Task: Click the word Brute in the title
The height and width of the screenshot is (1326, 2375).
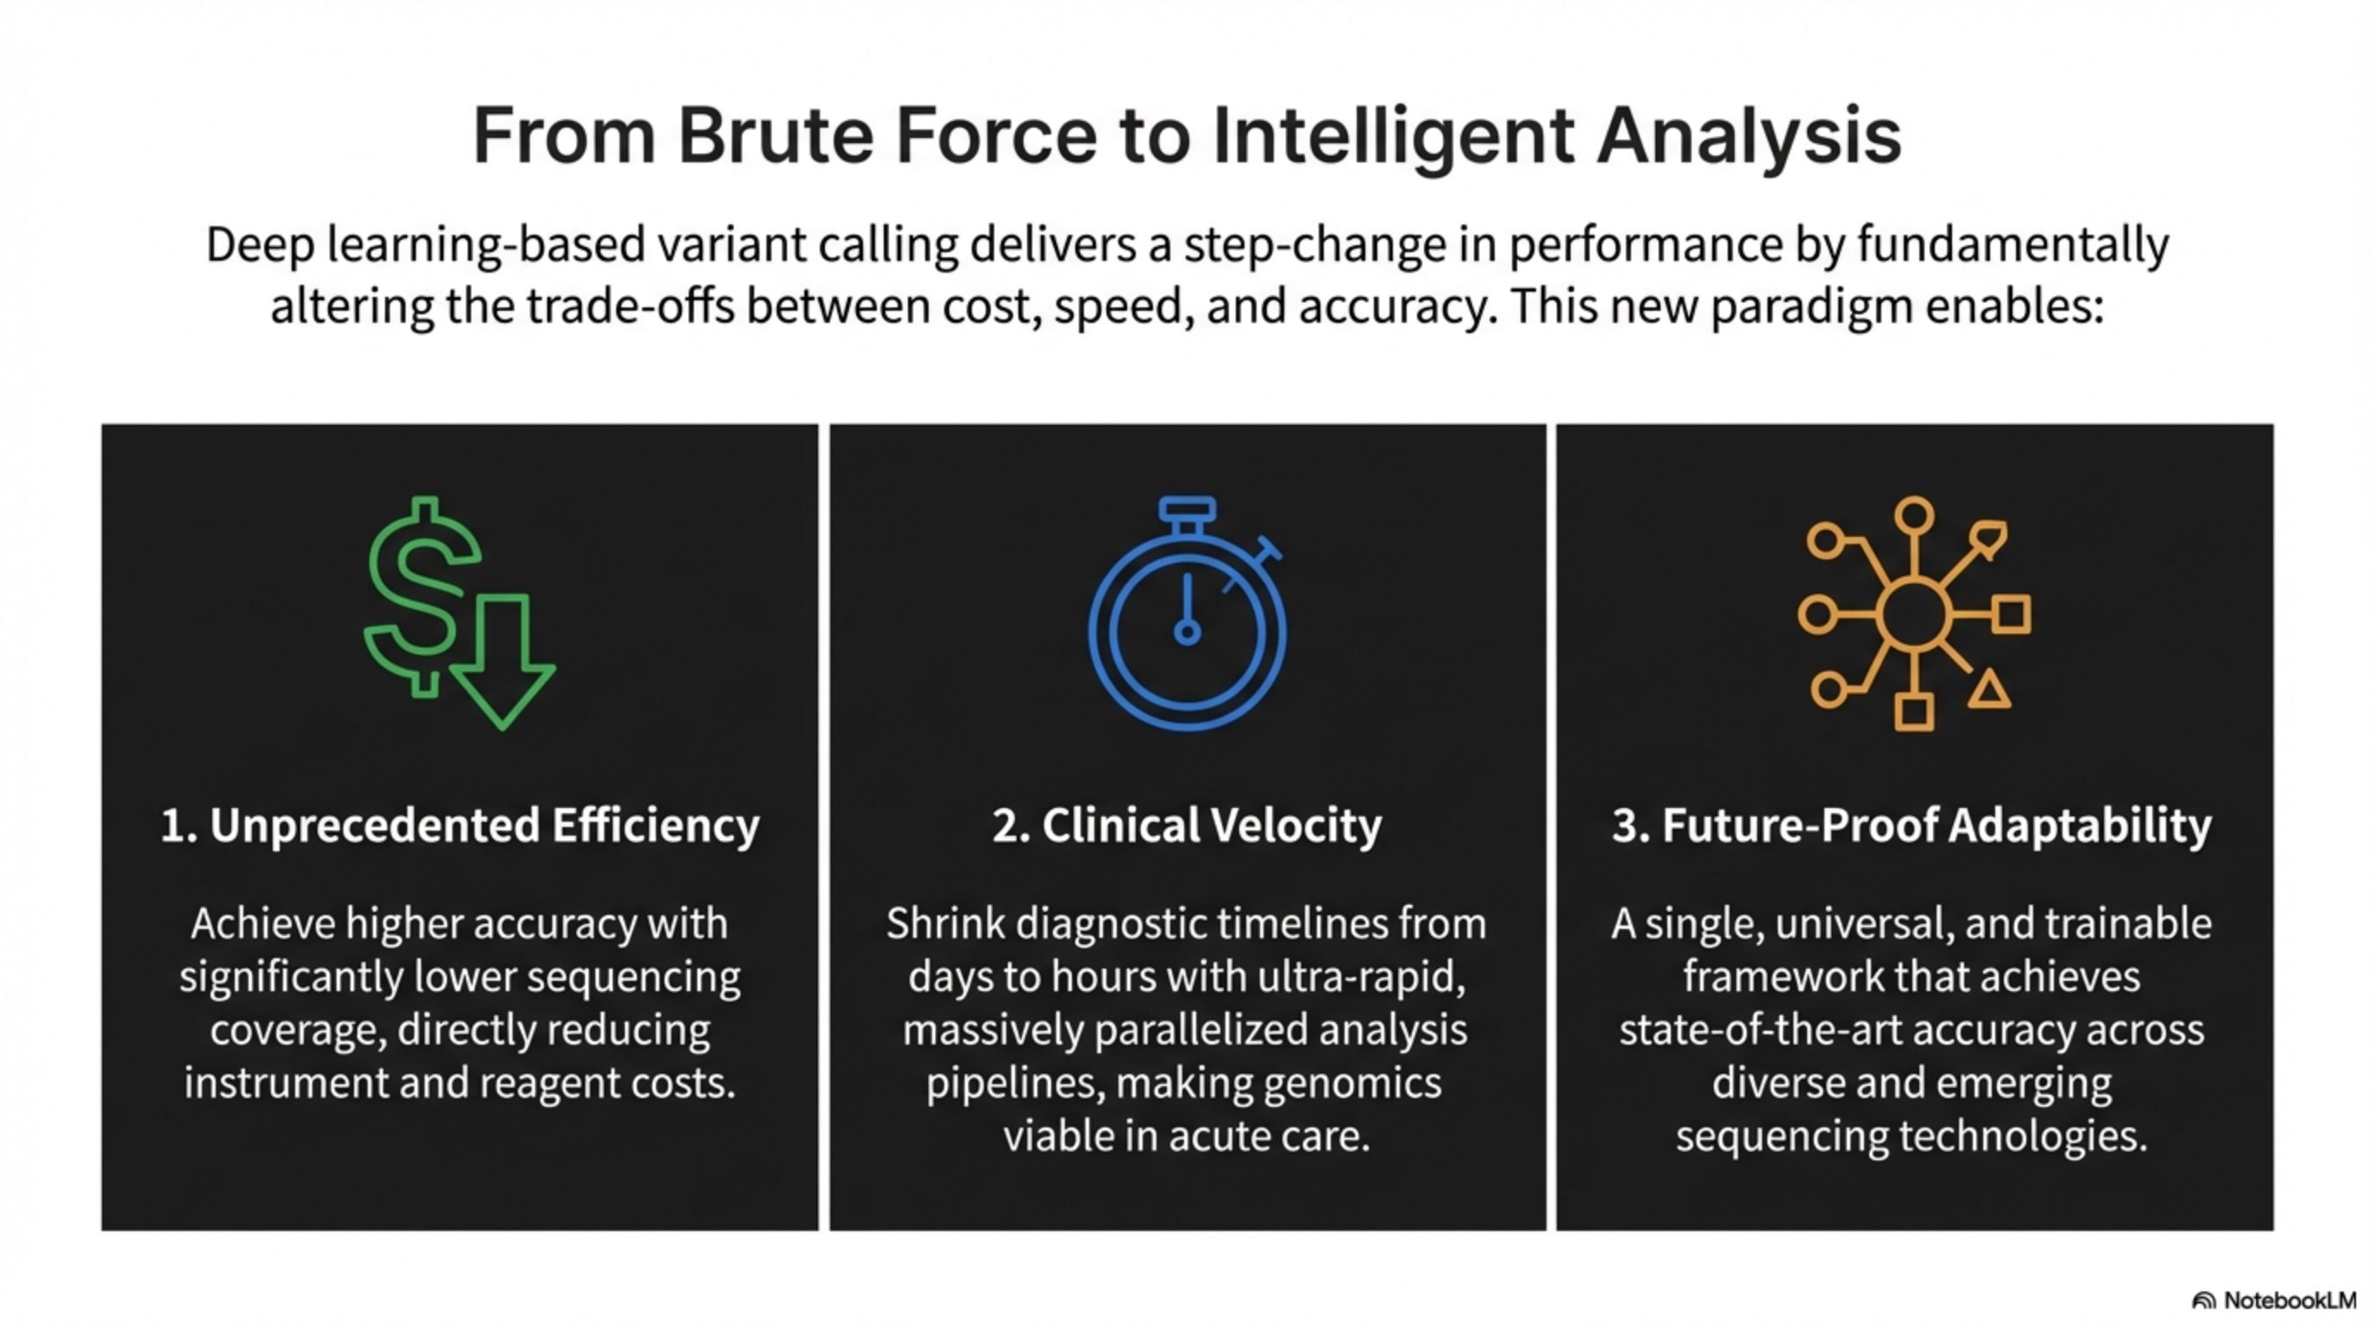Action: click(775, 136)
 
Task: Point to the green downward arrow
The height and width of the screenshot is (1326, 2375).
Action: click(503, 661)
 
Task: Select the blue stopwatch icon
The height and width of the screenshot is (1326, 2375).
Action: click(1187, 613)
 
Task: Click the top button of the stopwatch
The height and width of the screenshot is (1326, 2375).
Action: click(1187, 510)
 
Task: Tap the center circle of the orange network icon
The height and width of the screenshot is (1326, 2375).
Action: click(1915, 613)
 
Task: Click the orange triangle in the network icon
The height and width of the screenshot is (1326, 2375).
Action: click(1988, 691)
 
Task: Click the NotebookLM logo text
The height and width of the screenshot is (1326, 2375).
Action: click(2290, 1300)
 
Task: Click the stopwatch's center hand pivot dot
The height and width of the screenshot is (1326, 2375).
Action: click(1187, 632)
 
